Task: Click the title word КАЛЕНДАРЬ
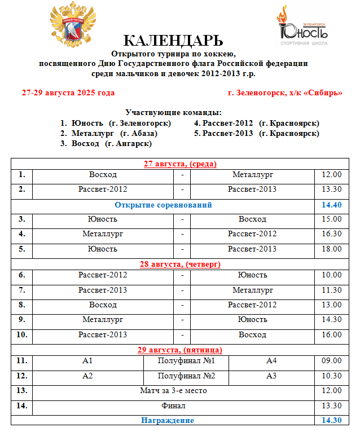[173, 41]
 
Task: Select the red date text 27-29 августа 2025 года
[68, 92]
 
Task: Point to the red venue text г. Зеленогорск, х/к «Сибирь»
[285, 92]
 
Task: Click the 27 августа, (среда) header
[180, 164]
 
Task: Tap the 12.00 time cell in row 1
[331, 175]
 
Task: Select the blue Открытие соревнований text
[163, 205]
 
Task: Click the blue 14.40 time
[331, 205]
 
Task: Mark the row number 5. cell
[21, 249]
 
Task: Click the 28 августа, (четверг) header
[180, 264]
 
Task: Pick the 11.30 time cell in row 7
[331, 290]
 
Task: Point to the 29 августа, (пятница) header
[180, 350]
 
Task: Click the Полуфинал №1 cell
[186, 361]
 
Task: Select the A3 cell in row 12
[271, 376]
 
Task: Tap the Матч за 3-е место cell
[173, 390]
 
